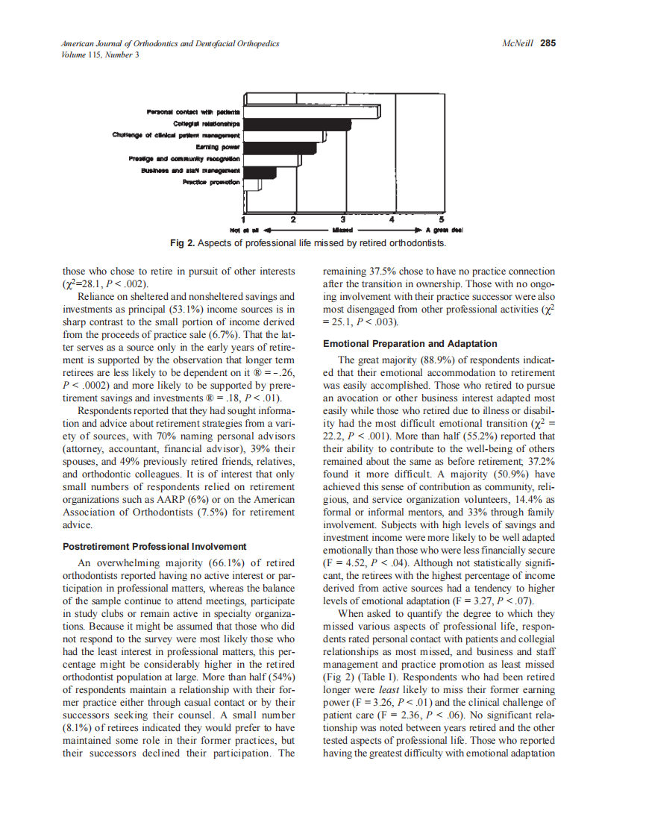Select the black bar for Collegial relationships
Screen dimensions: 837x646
click(x=298, y=124)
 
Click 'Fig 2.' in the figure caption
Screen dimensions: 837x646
click(x=184, y=243)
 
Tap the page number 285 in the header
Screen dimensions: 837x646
click(x=548, y=43)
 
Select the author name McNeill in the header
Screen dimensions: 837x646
click(x=519, y=43)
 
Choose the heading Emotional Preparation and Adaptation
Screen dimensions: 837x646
click(x=410, y=344)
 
